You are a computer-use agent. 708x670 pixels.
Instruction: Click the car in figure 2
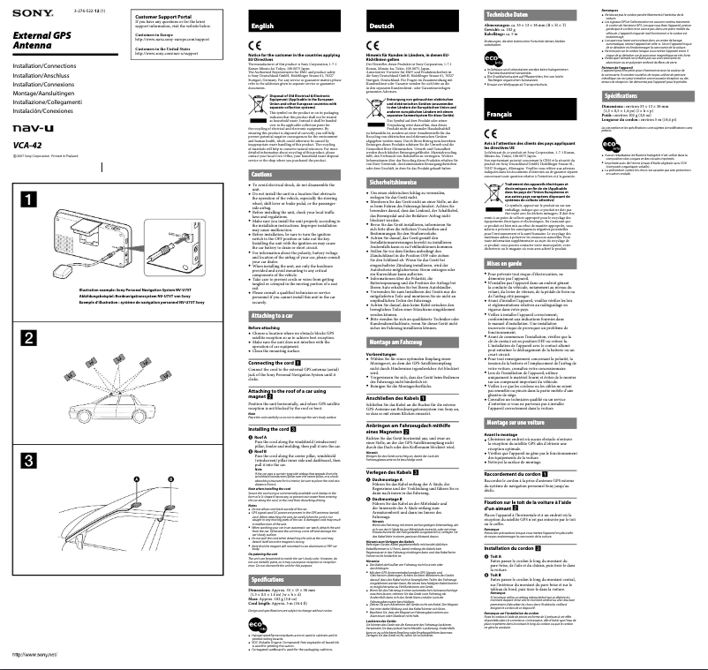click(x=124, y=396)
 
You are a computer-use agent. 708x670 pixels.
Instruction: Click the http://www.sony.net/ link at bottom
click(x=34, y=654)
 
